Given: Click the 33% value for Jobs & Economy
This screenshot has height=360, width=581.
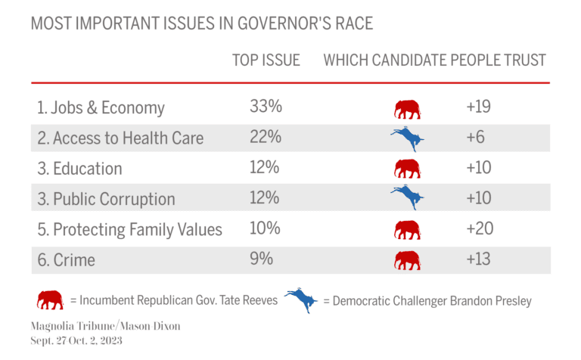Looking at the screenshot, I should point(266,107).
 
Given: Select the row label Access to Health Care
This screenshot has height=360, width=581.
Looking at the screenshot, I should point(120,138).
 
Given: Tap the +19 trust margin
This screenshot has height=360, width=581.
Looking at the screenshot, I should point(479,107).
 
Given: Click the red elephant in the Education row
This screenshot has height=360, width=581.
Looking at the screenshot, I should point(407,168).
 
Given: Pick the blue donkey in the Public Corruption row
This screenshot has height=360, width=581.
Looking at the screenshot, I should point(407,197).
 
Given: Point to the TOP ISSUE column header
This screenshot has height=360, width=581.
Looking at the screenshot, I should point(266,61).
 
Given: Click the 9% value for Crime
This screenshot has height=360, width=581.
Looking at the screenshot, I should point(261,259).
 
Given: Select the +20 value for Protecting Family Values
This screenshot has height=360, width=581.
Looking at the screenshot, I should point(479,228).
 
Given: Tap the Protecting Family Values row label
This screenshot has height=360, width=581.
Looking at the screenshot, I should point(129,229).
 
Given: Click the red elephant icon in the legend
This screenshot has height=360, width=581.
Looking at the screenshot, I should point(50,300).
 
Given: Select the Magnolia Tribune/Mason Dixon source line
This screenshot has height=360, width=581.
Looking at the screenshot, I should point(105,326).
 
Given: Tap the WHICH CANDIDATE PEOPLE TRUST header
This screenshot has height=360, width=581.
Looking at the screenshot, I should point(434,61).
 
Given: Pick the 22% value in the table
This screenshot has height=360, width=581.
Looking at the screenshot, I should point(266,138).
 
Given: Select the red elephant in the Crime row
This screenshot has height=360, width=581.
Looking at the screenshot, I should point(407,260).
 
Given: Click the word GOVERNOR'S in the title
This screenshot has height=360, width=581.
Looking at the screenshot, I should point(257,23).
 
